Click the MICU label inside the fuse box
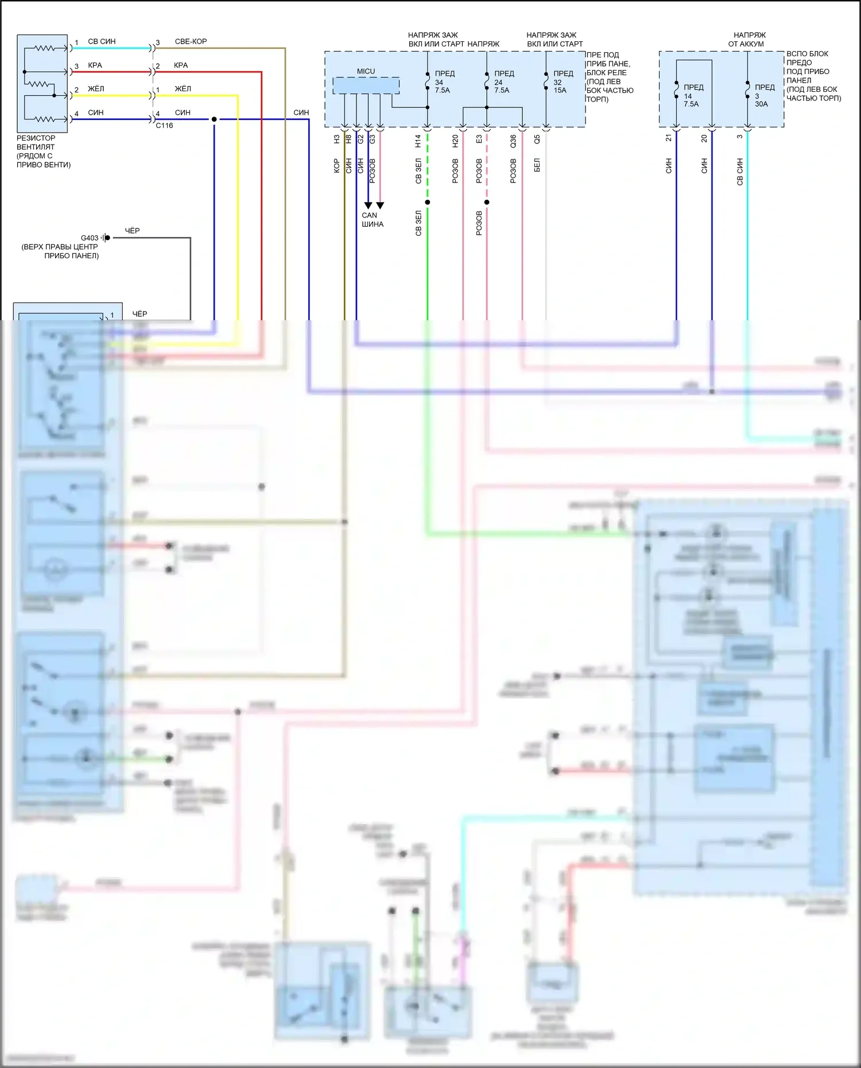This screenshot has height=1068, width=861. coord(366,71)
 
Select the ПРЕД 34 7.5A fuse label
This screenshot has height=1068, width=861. coord(444,82)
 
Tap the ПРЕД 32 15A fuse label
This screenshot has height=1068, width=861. coord(563,82)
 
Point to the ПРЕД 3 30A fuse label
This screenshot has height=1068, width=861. coord(764,96)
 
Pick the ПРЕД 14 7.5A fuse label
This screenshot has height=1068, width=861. coord(693,96)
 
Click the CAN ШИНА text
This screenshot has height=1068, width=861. coord(372,220)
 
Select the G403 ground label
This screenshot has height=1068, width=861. coord(90,238)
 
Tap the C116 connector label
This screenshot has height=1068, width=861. coord(164,126)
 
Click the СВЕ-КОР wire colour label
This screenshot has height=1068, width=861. coord(191,41)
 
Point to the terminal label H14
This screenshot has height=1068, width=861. coord(418,141)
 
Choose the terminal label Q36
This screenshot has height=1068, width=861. coord(513,141)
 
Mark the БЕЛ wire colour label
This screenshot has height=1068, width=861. coord(537,165)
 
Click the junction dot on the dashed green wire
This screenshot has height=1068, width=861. coord(428,202)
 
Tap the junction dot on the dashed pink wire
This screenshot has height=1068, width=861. coord(487,202)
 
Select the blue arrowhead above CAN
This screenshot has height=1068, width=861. coord(368,205)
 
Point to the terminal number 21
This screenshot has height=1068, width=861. coord(669,138)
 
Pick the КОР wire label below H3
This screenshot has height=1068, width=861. coord(337,166)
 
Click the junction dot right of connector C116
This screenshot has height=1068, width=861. coord(214,119)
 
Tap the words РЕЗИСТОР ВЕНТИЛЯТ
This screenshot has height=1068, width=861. coord(36,142)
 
